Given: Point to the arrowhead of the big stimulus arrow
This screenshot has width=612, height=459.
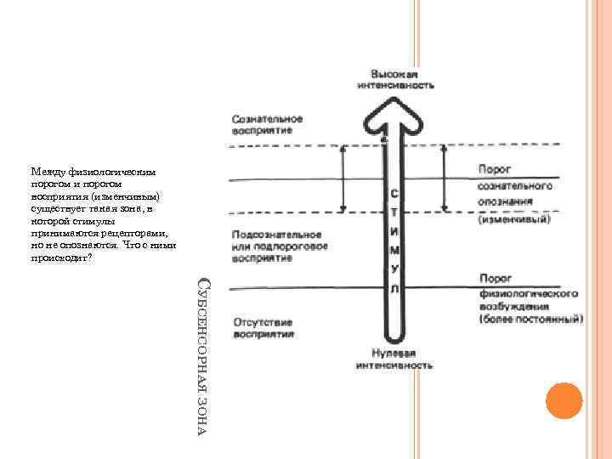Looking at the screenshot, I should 394,114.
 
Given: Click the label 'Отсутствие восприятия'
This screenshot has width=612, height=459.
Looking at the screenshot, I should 263,329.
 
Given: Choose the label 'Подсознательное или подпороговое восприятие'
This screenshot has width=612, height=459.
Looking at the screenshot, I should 276,245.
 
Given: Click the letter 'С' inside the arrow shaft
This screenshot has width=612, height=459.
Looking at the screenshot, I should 395,192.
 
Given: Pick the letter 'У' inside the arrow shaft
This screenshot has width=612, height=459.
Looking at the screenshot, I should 395,269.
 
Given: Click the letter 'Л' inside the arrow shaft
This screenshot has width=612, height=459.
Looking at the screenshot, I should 395,289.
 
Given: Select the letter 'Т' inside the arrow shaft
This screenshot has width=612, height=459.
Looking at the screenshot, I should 395,212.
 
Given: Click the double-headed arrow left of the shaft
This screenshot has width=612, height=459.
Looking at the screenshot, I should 343,178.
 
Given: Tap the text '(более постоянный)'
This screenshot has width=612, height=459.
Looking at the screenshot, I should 531,320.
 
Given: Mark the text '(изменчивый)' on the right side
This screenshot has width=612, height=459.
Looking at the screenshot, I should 514,218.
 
